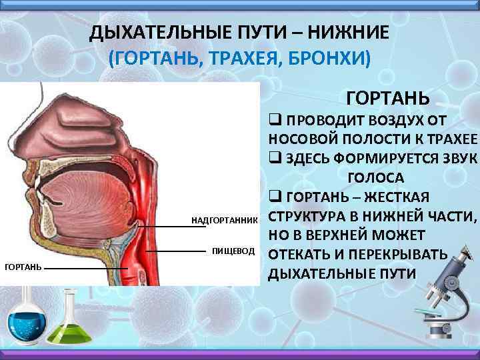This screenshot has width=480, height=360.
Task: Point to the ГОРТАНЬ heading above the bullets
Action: click(x=388, y=98)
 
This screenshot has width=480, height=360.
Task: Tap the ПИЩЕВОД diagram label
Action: click(x=233, y=251)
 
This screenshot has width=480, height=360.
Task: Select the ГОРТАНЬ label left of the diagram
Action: click(x=23, y=267)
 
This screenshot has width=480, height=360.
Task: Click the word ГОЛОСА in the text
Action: click(x=376, y=178)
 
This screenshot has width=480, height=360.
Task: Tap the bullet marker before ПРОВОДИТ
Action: click(x=273, y=121)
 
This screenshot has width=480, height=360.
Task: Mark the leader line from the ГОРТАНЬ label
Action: click(x=87, y=268)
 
